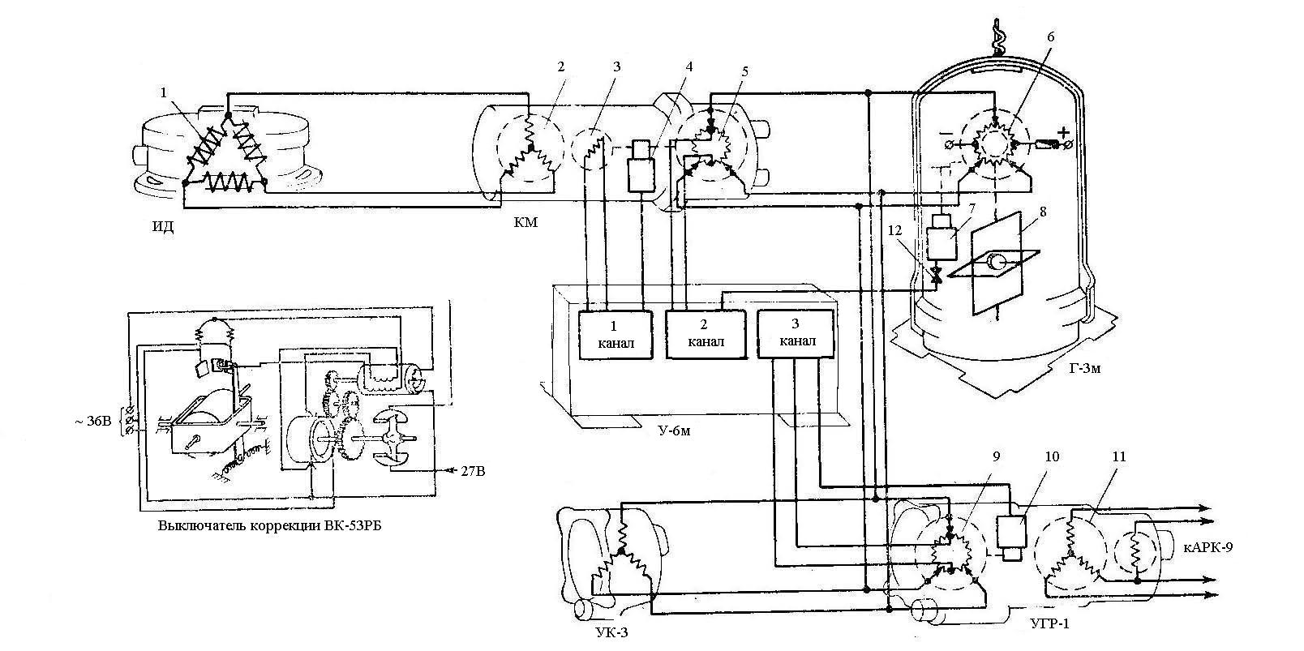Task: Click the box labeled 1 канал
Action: [613, 334]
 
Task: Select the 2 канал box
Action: [706, 334]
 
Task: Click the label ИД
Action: [163, 227]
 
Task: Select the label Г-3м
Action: [1084, 370]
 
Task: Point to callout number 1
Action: [165, 92]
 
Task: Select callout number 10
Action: [1051, 456]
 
